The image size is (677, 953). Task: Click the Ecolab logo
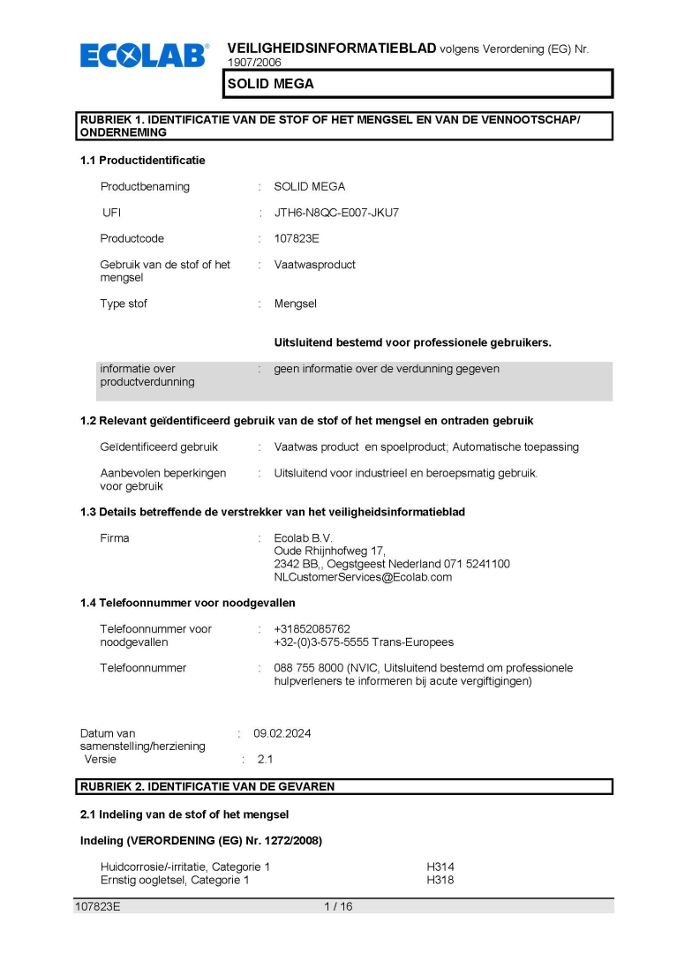pyautogui.click(x=145, y=56)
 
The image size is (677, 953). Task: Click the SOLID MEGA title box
pyautogui.click(x=417, y=84)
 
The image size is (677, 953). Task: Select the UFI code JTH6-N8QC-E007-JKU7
pyautogui.click(x=336, y=213)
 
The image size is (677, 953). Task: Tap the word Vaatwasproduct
pyautogui.click(x=315, y=265)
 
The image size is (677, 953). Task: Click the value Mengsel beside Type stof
pyautogui.click(x=295, y=304)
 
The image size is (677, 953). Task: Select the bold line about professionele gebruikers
pyautogui.click(x=412, y=342)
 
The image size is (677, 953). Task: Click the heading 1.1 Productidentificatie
pyautogui.click(x=142, y=160)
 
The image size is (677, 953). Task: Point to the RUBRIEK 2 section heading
pyautogui.click(x=207, y=786)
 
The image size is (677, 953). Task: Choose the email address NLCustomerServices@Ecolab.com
pyautogui.click(x=363, y=577)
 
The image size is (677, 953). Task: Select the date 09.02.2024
pyautogui.click(x=282, y=733)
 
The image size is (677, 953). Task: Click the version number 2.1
pyautogui.click(x=266, y=759)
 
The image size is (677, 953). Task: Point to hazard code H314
pyautogui.click(x=440, y=867)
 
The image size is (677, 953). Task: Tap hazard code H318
pyautogui.click(x=440, y=880)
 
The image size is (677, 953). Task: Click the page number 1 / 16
pyautogui.click(x=338, y=906)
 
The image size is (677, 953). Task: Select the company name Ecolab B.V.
pyautogui.click(x=304, y=538)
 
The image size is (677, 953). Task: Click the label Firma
pyautogui.click(x=115, y=538)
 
